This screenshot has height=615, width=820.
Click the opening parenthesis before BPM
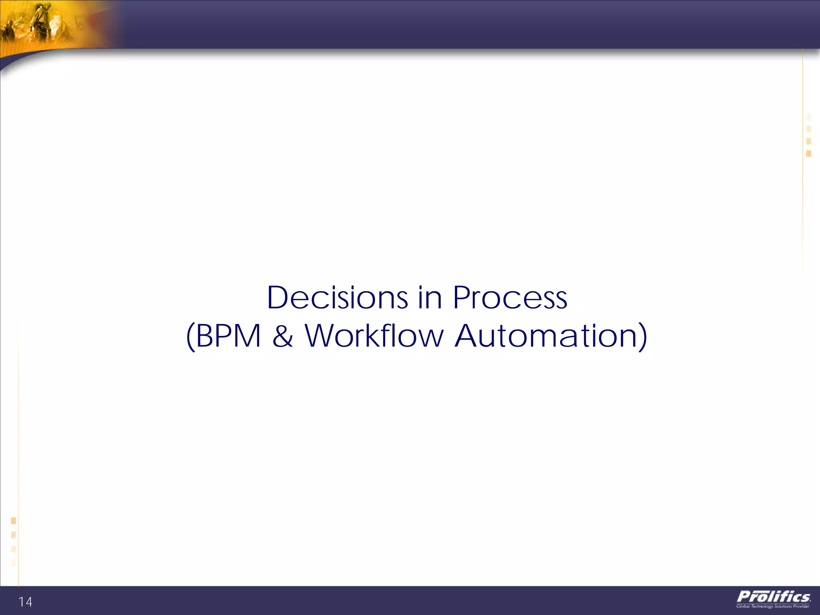(191, 336)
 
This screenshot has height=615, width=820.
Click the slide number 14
(25, 602)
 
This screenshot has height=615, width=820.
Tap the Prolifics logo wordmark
(774, 597)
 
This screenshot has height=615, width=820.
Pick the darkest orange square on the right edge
(809, 153)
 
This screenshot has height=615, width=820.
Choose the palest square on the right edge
(809, 117)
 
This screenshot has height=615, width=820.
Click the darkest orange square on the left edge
(14, 521)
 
